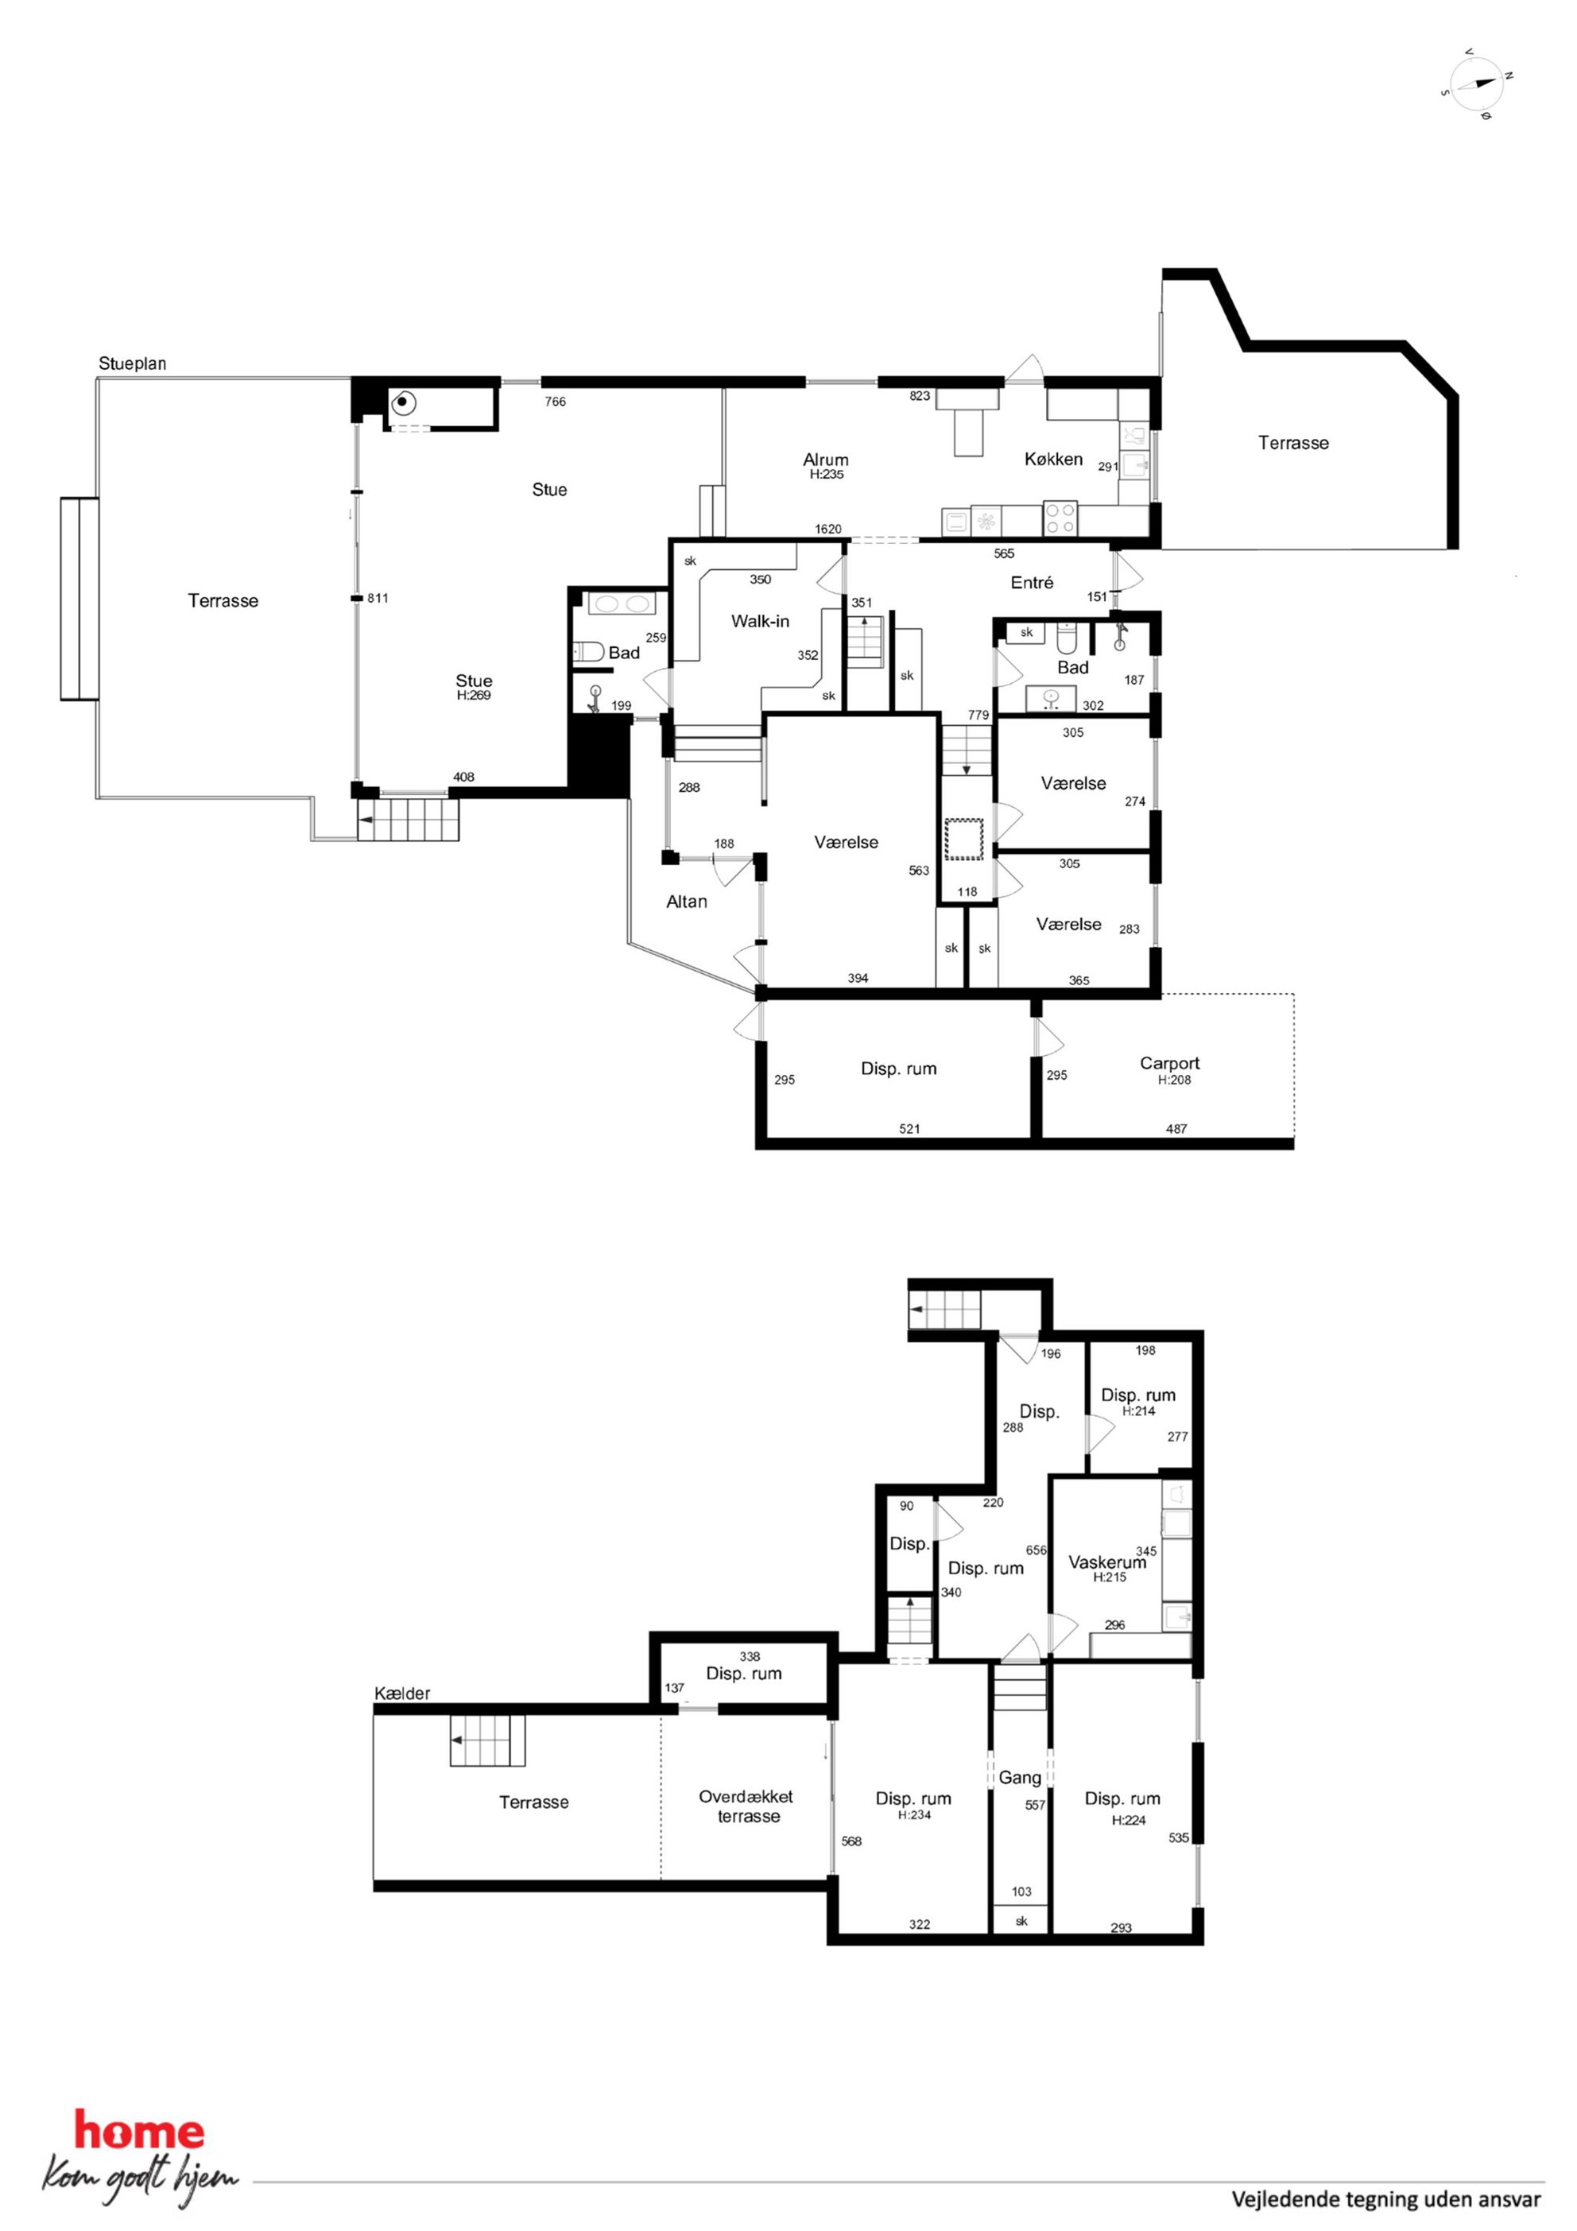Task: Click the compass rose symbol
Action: pos(1476,83)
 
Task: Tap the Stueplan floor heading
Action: pos(132,364)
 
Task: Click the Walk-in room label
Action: pos(760,621)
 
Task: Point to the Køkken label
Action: pos(1053,459)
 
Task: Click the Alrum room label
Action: pos(826,460)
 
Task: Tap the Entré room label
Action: pos(1032,582)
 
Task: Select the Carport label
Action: pos(1170,1063)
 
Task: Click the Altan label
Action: pos(687,902)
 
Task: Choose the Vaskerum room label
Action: pos(1108,1562)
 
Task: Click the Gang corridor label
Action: pos(1021,1777)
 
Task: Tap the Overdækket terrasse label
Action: pos(747,1806)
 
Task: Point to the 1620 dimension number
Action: pos(828,530)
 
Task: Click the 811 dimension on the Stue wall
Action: pos(378,599)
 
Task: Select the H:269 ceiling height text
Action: pos(475,696)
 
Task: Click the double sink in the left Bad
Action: pos(624,603)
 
